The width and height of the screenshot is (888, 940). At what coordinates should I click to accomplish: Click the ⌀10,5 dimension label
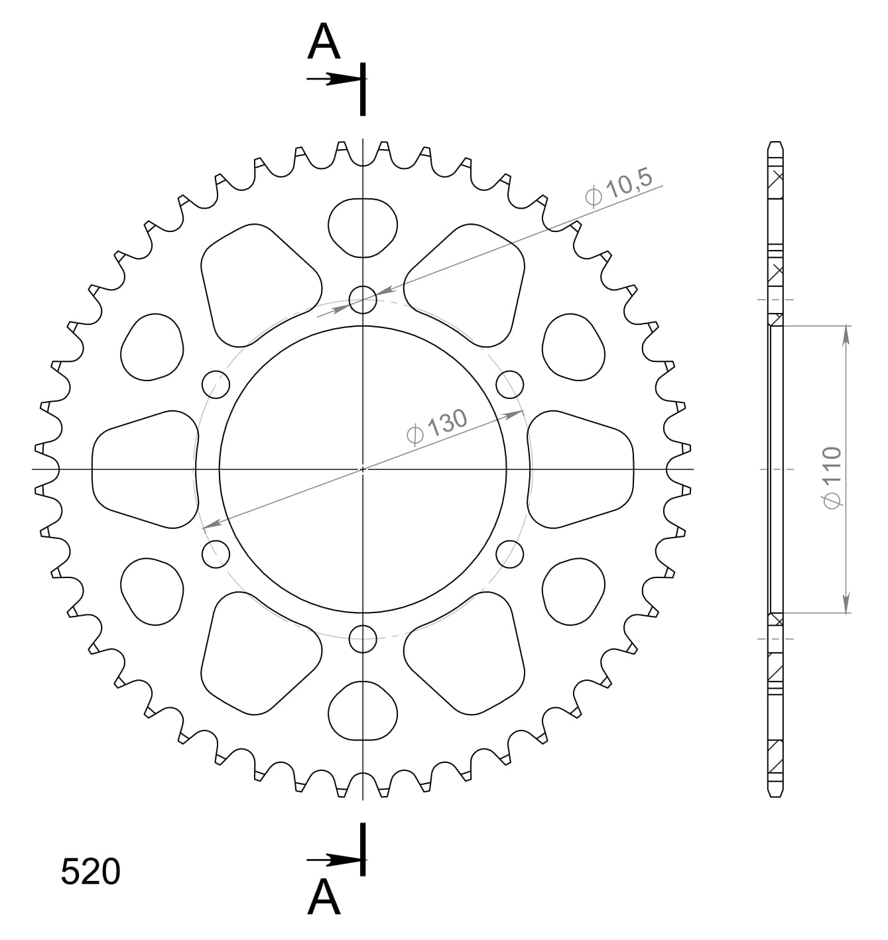619,188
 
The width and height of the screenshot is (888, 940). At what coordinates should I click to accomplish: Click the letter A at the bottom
324,898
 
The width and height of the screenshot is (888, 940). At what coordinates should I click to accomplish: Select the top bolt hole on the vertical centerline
363,300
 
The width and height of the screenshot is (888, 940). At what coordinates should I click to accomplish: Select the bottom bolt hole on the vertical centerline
363,639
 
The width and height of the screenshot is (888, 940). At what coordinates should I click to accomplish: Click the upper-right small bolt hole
510,384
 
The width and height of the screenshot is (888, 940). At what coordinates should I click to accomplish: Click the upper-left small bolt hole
216,384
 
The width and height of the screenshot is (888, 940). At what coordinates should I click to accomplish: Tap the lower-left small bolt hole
216,554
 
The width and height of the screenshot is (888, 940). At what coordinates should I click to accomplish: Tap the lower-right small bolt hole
510,554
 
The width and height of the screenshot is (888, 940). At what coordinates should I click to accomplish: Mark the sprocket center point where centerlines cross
363,469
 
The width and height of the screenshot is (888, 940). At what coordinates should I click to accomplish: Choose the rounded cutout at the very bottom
363,711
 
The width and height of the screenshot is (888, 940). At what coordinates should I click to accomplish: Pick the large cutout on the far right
581,469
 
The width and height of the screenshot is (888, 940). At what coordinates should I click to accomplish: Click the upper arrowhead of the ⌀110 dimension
846,335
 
